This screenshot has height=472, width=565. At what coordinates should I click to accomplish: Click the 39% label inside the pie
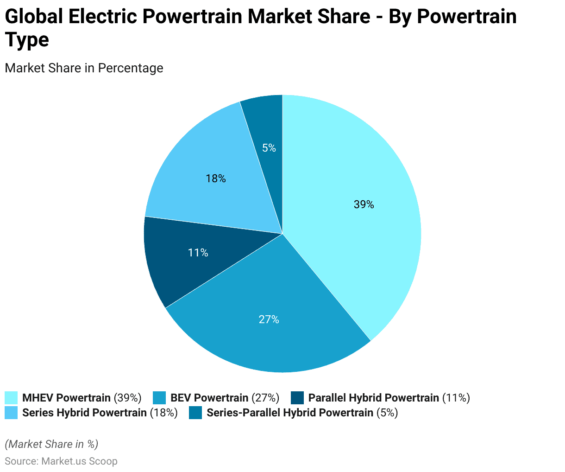(364, 204)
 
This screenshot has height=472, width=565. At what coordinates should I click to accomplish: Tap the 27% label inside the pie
(269, 319)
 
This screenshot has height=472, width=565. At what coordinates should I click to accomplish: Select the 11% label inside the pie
(198, 253)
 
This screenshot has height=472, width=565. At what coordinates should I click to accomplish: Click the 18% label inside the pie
(216, 179)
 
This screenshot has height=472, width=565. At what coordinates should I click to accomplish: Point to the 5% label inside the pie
(269, 148)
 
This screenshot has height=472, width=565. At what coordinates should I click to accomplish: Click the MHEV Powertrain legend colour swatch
(11, 398)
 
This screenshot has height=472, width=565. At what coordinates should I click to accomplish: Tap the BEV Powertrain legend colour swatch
(159, 398)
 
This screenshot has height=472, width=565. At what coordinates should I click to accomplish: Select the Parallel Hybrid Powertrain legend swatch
(297, 398)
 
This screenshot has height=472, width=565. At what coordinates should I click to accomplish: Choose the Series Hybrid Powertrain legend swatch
(11, 413)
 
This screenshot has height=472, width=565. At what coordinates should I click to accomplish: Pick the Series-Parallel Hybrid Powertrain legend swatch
(195, 413)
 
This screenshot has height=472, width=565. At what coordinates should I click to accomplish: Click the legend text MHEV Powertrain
(66, 398)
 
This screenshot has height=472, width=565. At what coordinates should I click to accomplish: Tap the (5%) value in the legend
(387, 413)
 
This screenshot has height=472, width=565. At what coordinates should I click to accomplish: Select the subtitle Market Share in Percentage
(84, 68)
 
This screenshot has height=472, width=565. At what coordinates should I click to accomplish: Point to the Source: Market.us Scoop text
(61, 461)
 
